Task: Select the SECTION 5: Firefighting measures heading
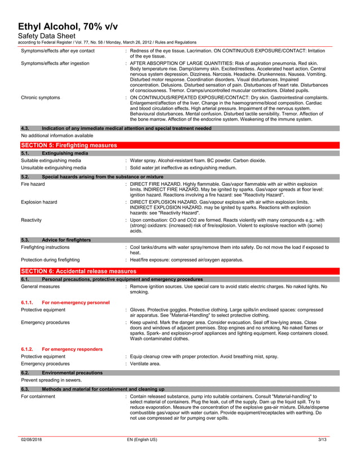(x=68, y=146)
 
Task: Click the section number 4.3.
(x=26, y=129)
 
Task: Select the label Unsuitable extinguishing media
(x=54, y=168)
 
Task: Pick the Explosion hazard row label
(x=39, y=201)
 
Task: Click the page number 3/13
(x=322, y=439)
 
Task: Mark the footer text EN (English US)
(x=142, y=439)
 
